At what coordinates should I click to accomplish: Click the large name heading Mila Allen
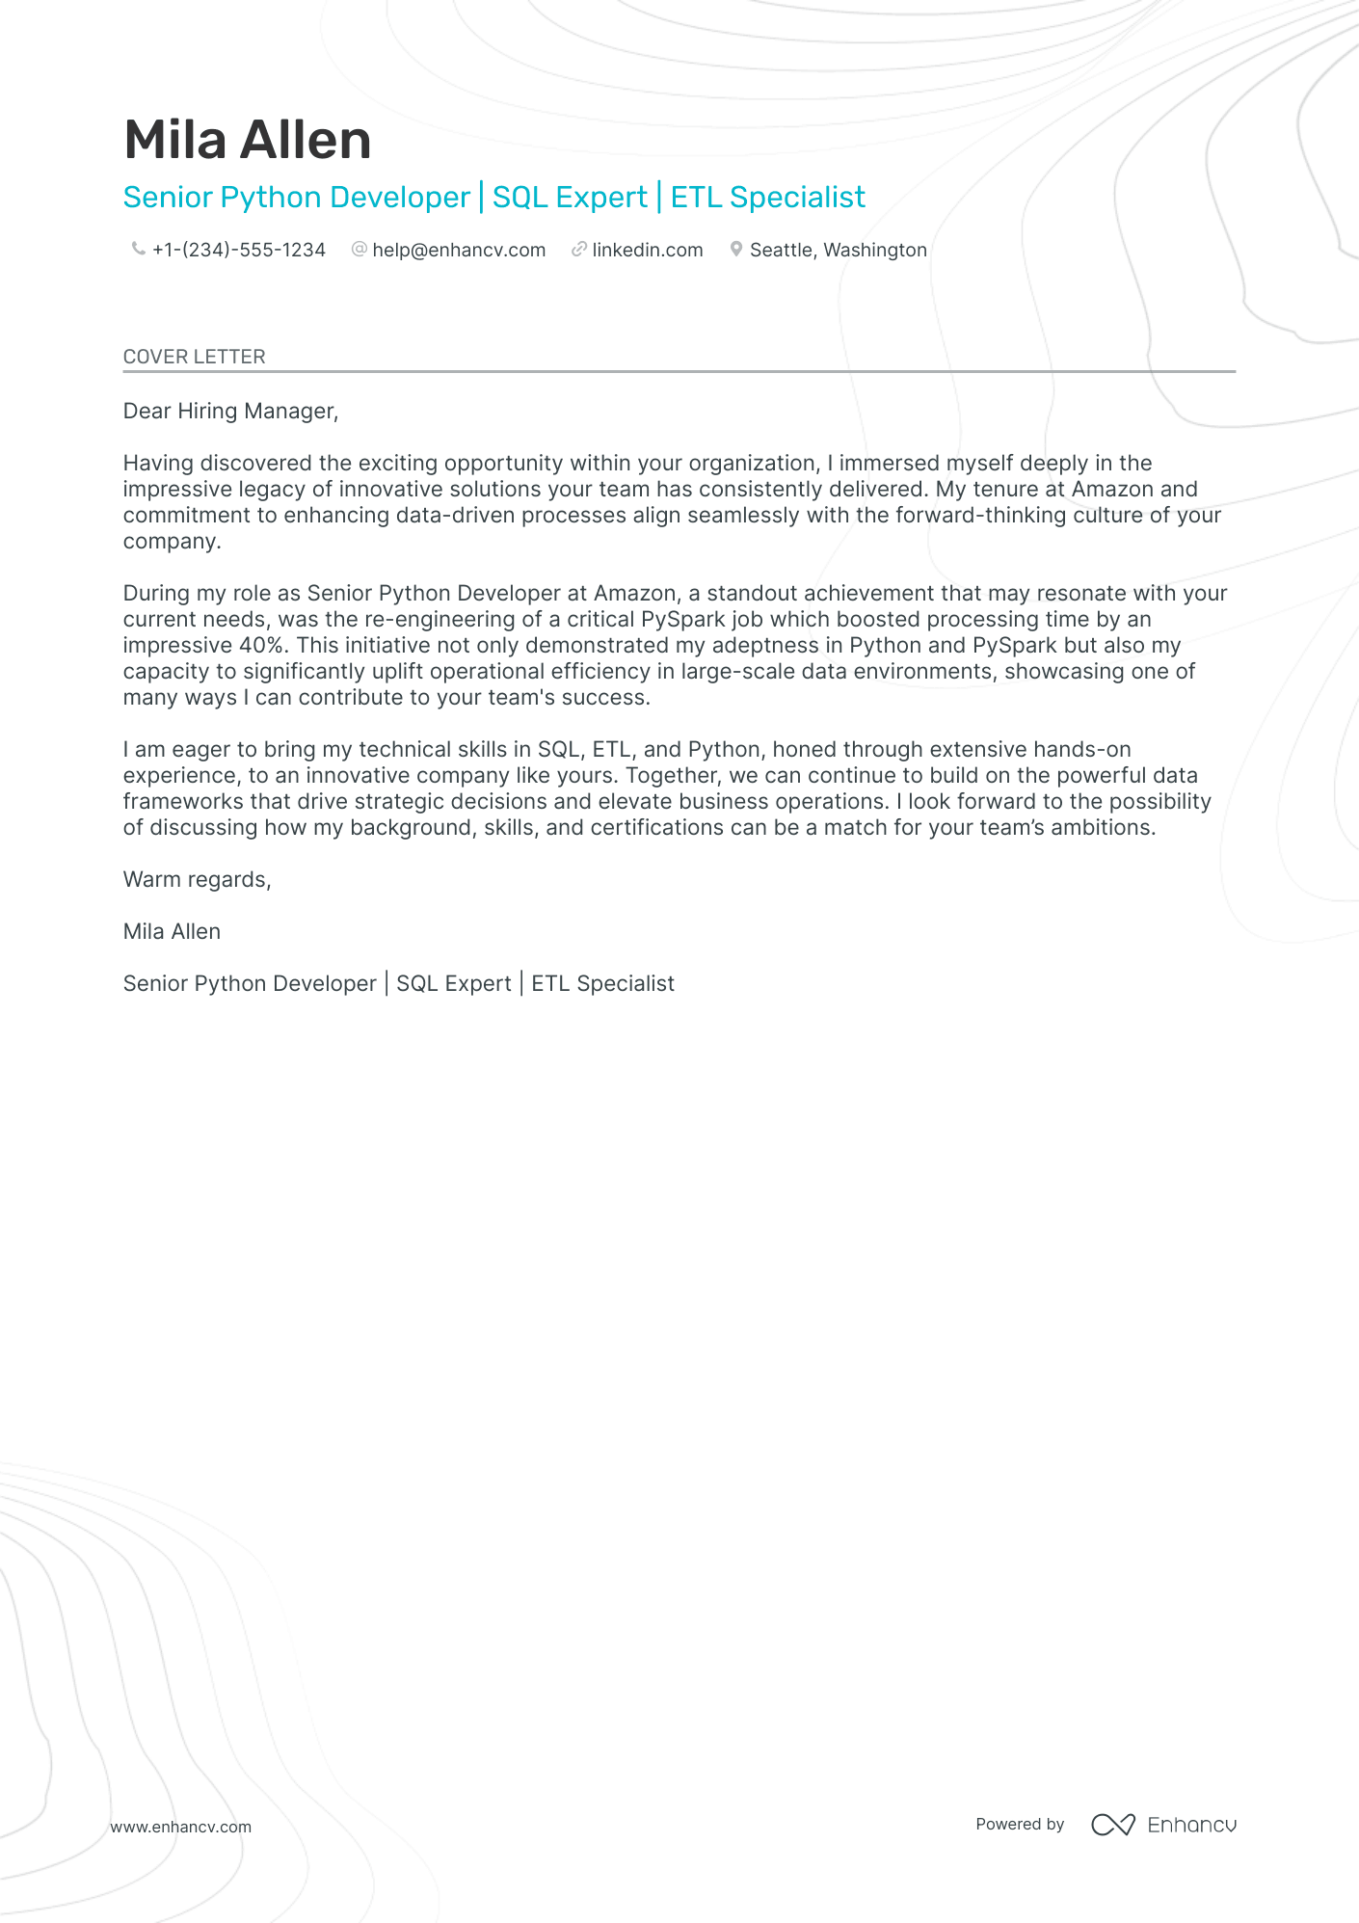(x=248, y=141)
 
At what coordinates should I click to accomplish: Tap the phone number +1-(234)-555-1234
(x=239, y=251)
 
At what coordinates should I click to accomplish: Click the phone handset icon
(x=138, y=250)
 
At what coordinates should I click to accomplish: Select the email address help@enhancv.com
(x=459, y=251)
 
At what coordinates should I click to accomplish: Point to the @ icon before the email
(x=359, y=250)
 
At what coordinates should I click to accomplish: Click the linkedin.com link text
(x=648, y=251)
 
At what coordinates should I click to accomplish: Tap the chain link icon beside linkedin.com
(x=578, y=250)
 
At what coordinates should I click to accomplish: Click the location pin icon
(x=735, y=250)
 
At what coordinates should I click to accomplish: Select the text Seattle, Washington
(x=839, y=251)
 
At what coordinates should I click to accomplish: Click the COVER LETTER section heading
(x=195, y=357)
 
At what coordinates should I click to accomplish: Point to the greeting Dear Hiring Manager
(x=230, y=412)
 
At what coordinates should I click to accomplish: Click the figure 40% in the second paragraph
(x=261, y=646)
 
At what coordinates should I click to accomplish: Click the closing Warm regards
(x=197, y=880)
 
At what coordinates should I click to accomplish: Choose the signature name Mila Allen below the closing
(x=172, y=932)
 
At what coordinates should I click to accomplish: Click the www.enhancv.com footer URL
(x=181, y=1828)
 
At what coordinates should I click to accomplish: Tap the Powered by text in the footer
(x=1020, y=1825)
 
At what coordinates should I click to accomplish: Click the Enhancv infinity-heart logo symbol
(x=1112, y=1825)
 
